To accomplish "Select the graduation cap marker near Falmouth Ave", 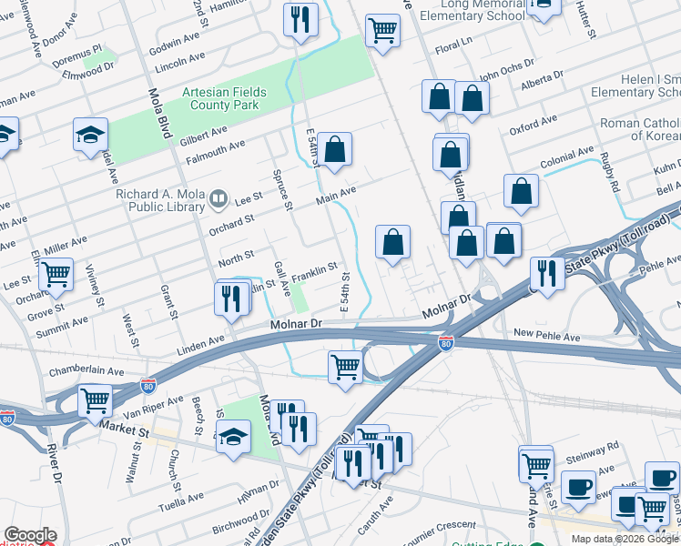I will click(x=91, y=136).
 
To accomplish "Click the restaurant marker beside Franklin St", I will click(x=232, y=297).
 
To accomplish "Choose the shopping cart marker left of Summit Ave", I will click(x=56, y=273).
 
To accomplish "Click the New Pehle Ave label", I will click(x=545, y=334).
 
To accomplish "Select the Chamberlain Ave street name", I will click(x=86, y=371).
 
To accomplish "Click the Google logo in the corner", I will click(x=30, y=535).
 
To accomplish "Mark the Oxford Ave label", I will click(x=534, y=125).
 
